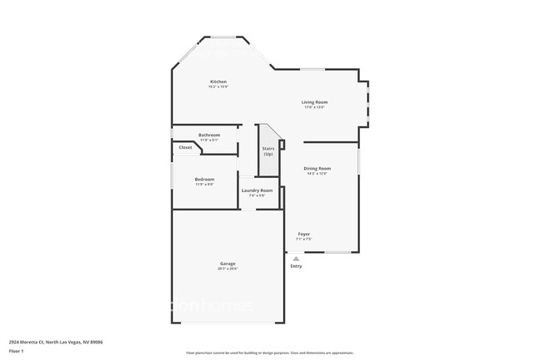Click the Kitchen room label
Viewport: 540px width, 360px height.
[x=218, y=81]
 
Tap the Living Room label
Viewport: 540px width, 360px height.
[x=314, y=102]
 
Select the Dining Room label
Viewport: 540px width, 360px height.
[x=317, y=169]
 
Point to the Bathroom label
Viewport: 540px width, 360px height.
[x=209, y=135]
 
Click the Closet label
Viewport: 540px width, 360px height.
[x=185, y=147]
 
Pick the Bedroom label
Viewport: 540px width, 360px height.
[x=204, y=179]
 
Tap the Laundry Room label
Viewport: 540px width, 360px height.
[x=257, y=190]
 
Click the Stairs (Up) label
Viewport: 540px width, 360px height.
[x=268, y=150]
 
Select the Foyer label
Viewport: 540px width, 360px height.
[x=304, y=234]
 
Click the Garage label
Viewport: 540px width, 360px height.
[x=228, y=264]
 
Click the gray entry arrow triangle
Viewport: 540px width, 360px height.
[x=296, y=259]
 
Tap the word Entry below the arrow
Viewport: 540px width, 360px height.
[x=296, y=266]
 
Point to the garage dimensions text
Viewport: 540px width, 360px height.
[x=228, y=269]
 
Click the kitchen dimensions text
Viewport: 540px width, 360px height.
[x=218, y=86]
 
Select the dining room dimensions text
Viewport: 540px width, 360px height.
[x=317, y=174]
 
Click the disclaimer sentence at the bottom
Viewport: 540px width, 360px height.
[x=269, y=353]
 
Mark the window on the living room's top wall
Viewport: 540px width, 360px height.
[x=312, y=69]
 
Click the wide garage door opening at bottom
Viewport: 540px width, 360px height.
[x=228, y=323]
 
